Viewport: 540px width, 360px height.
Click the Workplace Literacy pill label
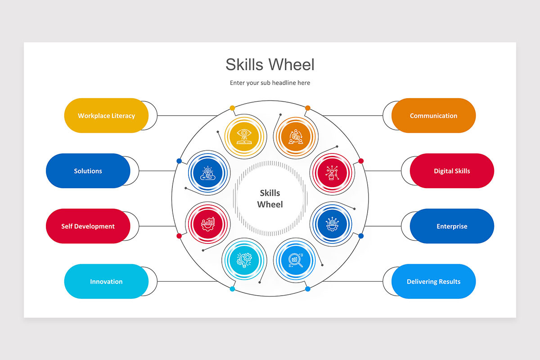pyautogui.click(x=106, y=116)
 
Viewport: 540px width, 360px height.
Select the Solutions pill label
pyautogui.click(x=88, y=171)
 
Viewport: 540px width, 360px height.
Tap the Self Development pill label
pyautogui.click(x=88, y=226)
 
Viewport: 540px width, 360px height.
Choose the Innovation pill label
pyautogui.click(x=106, y=282)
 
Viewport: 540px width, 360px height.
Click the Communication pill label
pyautogui.click(x=433, y=116)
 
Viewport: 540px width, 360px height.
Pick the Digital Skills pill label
pyautogui.click(x=452, y=171)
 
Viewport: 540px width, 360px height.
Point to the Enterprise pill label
pyautogui.click(x=452, y=226)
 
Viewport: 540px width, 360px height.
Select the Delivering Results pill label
pyautogui.click(x=433, y=282)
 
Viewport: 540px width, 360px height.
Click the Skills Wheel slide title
pyautogui.click(x=270, y=64)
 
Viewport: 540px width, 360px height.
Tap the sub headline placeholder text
pyautogui.click(x=270, y=83)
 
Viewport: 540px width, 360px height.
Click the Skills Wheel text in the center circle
pyautogui.click(x=270, y=198)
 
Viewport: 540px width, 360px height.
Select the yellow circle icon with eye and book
pyautogui.click(x=244, y=136)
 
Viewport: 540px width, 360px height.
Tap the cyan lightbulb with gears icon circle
pyautogui.click(x=244, y=261)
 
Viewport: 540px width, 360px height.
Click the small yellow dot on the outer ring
pyautogui.click(x=232, y=108)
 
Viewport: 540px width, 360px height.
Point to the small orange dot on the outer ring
pyautogui.click(x=308, y=108)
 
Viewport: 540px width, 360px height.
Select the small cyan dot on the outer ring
pyautogui.click(x=232, y=289)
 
